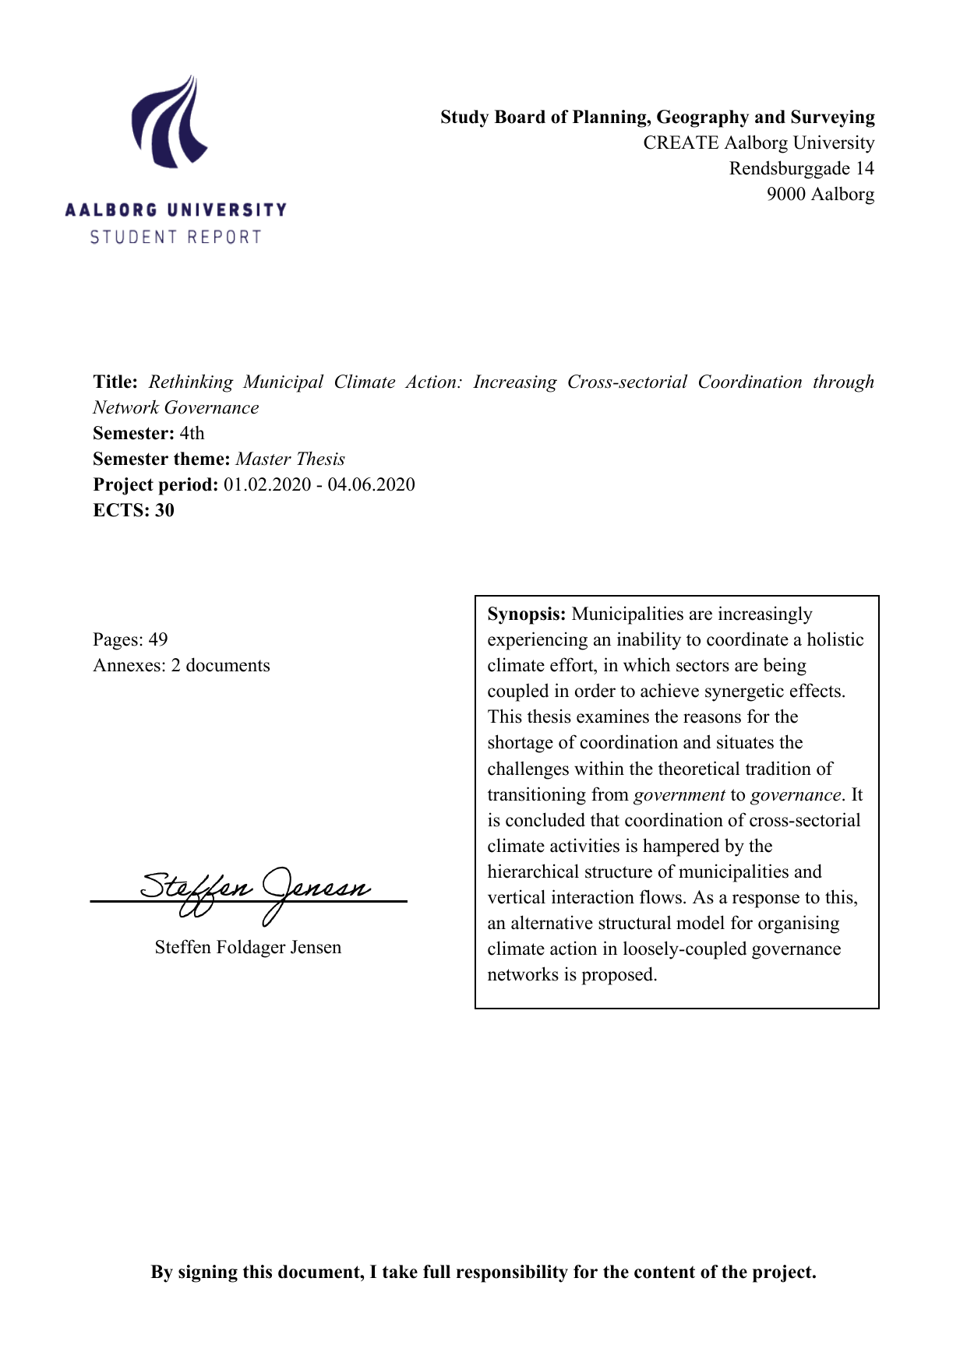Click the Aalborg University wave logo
tap(170, 122)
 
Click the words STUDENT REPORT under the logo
tap(175, 237)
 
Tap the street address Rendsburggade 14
tap(801, 168)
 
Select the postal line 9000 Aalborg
tap(820, 194)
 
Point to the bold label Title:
tap(115, 382)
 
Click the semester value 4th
tap(192, 433)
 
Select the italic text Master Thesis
tap(290, 459)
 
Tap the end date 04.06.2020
tap(371, 484)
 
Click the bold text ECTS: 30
tap(133, 510)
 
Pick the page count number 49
tap(158, 639)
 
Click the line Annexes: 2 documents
tap(181, 665)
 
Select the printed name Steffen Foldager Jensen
tap(248, 947)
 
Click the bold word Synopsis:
tap(526, 614)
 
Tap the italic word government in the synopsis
tap(679, 794)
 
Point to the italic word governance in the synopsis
tap(796, 794)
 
